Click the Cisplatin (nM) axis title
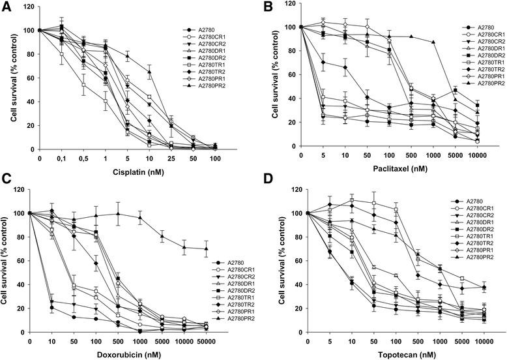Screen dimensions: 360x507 tap(133, 174)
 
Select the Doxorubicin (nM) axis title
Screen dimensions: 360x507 tap(133, 353)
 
